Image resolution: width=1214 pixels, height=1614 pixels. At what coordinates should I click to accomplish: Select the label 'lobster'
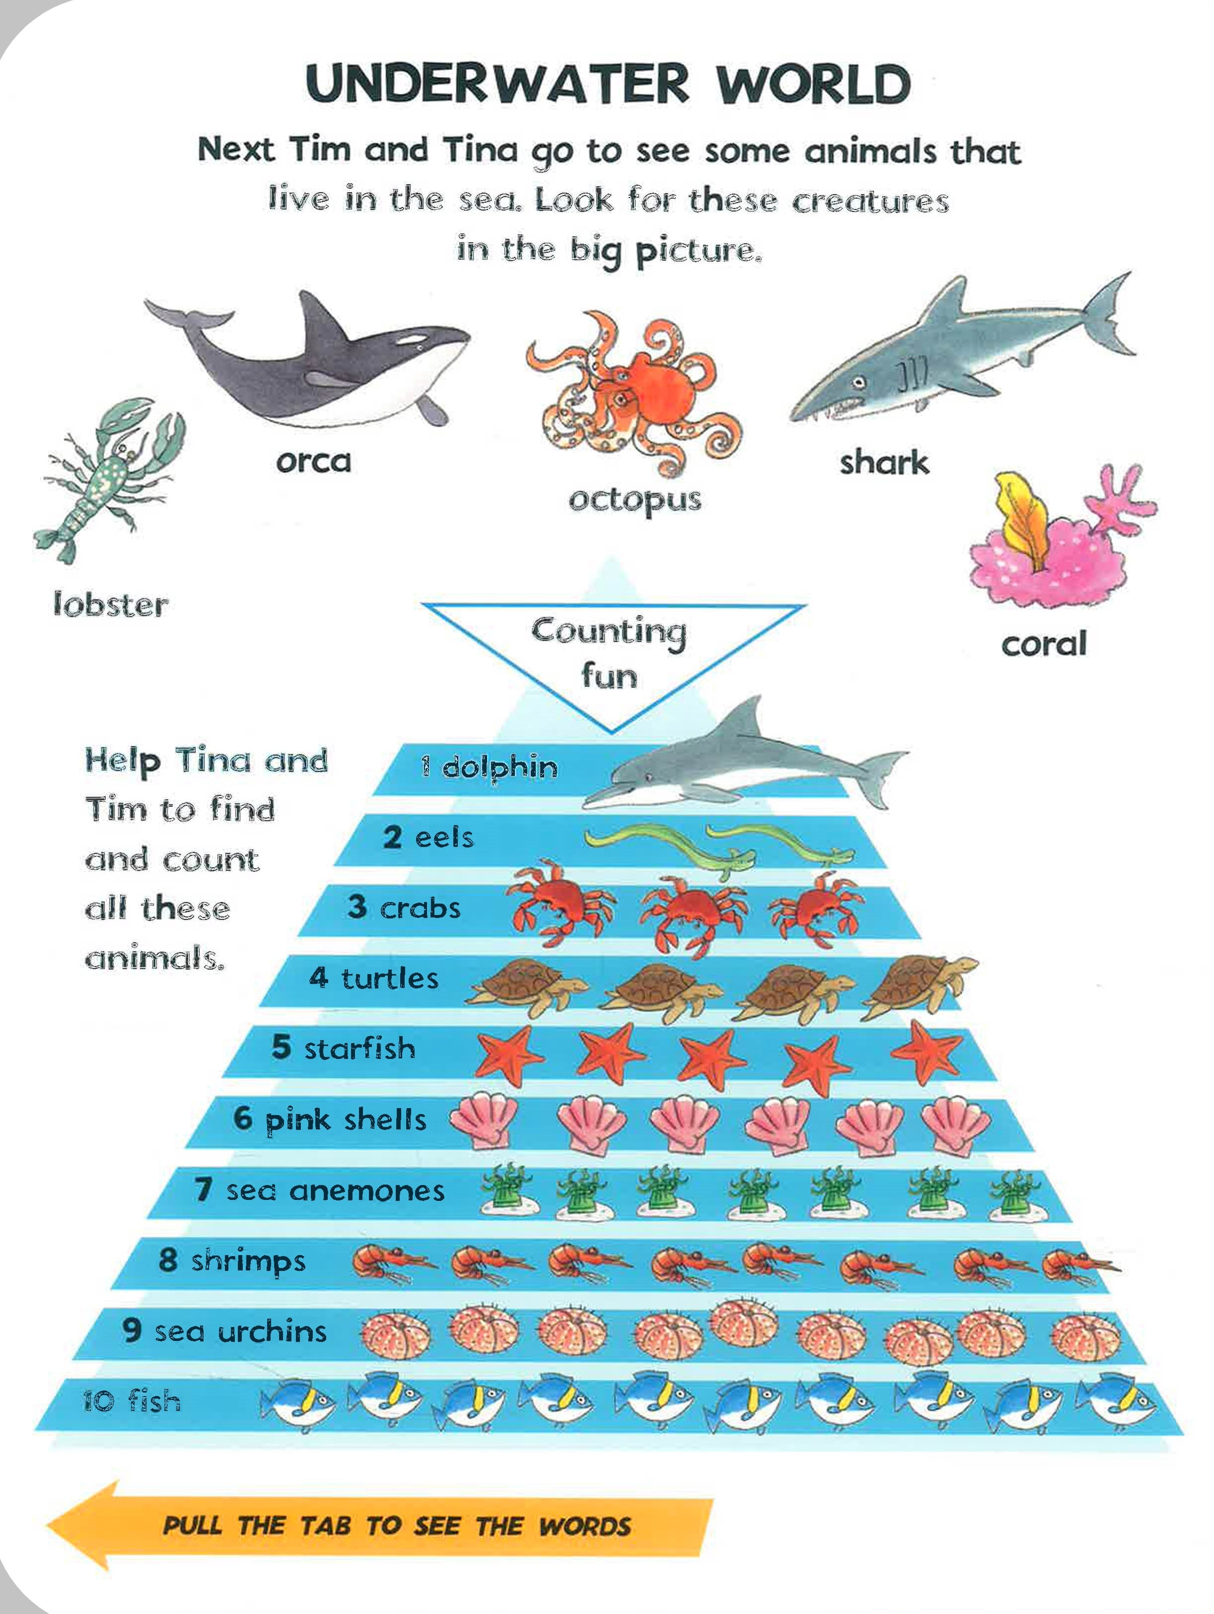coord(111,605)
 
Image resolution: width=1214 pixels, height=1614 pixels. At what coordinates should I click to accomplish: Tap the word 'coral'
coord(1043,644)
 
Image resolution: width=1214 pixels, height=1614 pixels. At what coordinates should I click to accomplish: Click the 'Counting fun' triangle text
coord(609,653)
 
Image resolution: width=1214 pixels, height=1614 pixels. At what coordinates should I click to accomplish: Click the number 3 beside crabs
coord(357,907)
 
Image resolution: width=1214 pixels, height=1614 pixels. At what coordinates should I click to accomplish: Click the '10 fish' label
coord(131,1401)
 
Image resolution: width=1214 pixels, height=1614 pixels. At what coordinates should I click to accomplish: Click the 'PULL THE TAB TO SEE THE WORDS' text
coord(396,1526)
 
